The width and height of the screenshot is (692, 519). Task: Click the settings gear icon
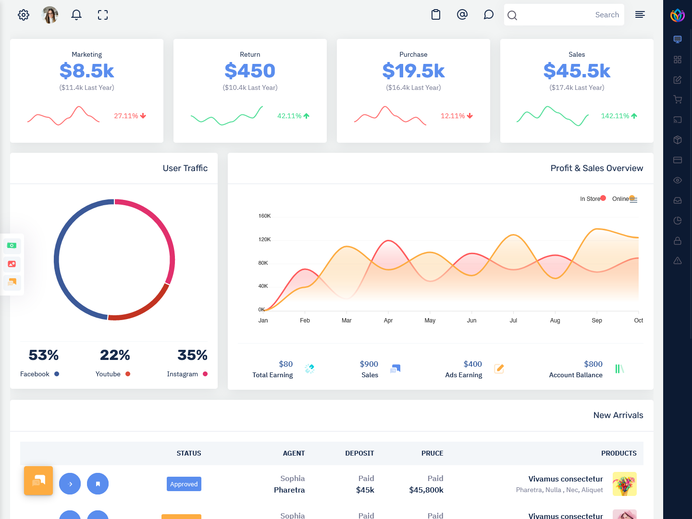coord(24,15)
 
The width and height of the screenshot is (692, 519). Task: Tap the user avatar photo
coord(50,15)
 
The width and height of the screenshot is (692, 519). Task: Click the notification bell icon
coord(76,15)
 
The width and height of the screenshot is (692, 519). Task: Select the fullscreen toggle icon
coord(103,15)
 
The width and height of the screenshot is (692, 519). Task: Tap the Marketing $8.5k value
coord(86,71)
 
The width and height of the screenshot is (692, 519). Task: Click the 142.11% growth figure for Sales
coord(615,116)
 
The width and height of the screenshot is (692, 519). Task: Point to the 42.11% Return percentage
coord(289,116)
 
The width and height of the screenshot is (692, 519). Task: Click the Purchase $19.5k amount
coord(413,71)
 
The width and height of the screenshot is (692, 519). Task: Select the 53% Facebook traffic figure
coord(43,355)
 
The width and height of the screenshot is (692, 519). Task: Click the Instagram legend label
coord(182,374)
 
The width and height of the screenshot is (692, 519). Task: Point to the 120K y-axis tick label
coord(264,239)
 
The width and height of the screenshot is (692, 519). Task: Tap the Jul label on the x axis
coord(513,321)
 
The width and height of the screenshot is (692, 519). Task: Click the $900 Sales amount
coord(369,364)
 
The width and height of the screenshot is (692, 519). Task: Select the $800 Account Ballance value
coord(593,364)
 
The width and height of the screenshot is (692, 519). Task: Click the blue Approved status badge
coord(184,484)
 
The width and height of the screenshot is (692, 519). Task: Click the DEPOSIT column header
coord(359,453)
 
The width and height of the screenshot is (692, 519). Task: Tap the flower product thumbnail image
coord(624,484)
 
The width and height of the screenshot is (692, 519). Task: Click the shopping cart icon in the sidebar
coord(678,99)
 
